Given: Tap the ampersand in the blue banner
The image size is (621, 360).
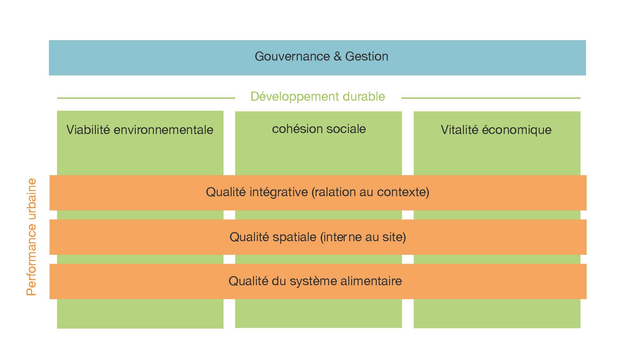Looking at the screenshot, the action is pos(337,56).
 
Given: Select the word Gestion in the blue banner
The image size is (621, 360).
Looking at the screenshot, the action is pos(367,56).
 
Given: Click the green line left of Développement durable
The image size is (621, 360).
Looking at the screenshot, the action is pos(146,98).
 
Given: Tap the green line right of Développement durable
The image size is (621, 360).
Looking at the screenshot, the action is pos(491,98).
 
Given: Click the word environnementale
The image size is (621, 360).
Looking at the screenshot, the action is pos(164,130).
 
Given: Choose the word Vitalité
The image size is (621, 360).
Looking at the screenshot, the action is pos(459,130).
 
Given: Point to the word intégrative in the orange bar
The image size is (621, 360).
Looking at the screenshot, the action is pos(279,192).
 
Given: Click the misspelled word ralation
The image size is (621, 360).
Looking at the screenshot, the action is pos(334,192).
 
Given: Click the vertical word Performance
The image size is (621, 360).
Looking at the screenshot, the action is pos(31,257).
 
